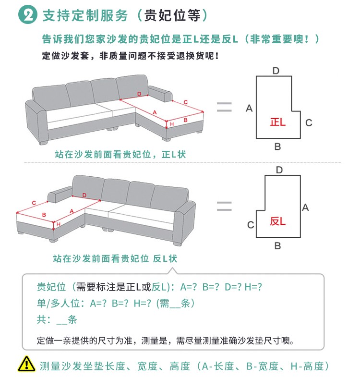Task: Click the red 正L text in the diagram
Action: click(x=277, y=122)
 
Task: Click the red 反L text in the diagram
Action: click(x=277, y=221)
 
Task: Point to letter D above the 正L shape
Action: click(x=276, y=71)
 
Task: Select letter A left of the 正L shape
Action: click(x=249, y=109)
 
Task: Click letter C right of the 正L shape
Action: click(x=309, y=122)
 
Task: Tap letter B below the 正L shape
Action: click(x=277, y=147)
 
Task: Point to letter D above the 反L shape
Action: click(x=279, y=170)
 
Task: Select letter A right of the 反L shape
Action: click(x=305, y=207)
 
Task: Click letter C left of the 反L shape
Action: click(x=250, y=225)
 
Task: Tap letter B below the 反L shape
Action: click(x=277, y=246)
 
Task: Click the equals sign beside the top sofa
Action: click(x=224, y=107)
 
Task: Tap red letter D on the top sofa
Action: click(x=139, y=93)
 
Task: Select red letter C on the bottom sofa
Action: click(x=34, y=203)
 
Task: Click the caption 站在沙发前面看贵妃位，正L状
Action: click(x=120, y=155)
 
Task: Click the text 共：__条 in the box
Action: click(x=57, y=319)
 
